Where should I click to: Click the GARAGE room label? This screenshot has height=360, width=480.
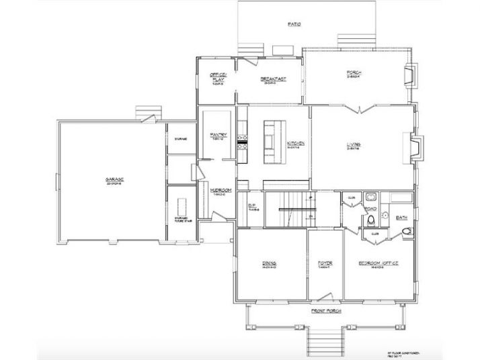tap(113, 179)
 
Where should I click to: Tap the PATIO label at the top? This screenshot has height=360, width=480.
tap(294, 24)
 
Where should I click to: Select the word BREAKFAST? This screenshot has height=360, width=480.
tap(274, 79)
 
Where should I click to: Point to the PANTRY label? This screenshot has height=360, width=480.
tap(218, 134)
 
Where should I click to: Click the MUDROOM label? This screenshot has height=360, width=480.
tap(221, 190)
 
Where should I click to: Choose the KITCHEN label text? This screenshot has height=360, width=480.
tap(298, 144)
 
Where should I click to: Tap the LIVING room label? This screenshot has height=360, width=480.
tap(354, 144)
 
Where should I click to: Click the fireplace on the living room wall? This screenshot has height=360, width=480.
tap(415, 146)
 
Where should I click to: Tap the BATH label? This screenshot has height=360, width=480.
tap(402, 218)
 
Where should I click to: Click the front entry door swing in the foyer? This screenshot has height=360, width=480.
tap(327, 295)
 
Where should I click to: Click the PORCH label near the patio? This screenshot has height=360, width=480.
tap(354, 73)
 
